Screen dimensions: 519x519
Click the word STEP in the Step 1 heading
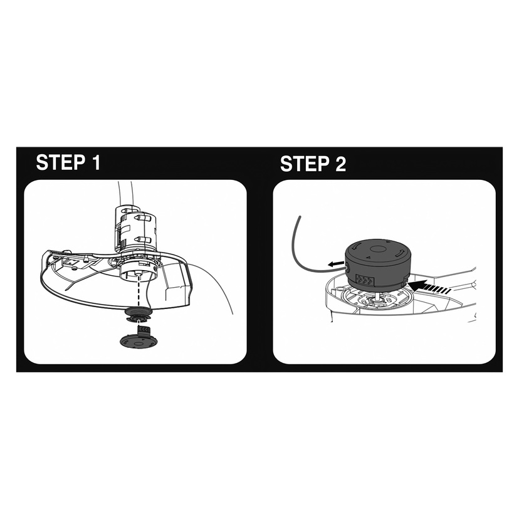coord(61,162)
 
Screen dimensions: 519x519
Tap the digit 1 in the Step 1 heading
coord(96,162)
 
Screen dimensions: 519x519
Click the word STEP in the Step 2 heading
coord(305,164)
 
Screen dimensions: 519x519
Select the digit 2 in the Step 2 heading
coord(340,164)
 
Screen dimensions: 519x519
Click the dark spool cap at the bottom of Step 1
coord(139,340)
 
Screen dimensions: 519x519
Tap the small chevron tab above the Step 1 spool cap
coord(144,330)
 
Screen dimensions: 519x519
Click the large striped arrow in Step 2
coord(429,286)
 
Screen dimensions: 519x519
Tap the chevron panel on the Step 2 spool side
coord(364,281)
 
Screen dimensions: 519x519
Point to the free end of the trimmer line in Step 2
coord(299,217)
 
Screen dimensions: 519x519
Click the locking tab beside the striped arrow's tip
coord(405,280)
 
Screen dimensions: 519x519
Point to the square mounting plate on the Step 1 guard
coord(73,262)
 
